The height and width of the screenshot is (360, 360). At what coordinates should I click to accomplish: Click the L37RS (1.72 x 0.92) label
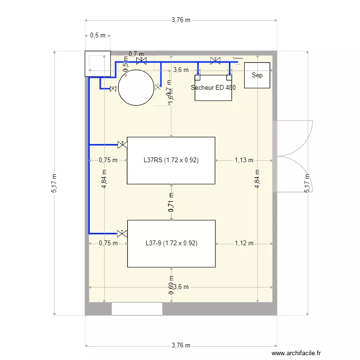(x=171, y=160)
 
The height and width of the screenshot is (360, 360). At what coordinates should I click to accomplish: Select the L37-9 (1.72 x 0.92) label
(x=171, y=243)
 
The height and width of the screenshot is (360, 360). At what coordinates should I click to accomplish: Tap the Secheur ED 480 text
(x=213, y=88)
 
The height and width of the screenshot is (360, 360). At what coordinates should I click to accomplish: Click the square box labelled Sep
(x=257, y=75)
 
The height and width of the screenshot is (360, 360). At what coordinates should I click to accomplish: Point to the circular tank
(x=136, y=87)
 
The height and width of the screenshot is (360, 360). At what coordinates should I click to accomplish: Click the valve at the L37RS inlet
(x=122, y=144)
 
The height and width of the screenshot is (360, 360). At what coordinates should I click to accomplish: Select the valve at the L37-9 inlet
(x=122, y=233)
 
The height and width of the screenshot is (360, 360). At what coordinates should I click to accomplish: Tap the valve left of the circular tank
(x=113, y=89)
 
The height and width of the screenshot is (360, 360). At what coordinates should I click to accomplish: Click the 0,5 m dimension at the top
(x=98, y=36)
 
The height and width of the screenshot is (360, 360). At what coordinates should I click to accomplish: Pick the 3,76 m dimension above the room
(x=181, y=20)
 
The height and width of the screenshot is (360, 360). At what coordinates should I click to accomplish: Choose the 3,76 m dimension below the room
(x=181, y=346)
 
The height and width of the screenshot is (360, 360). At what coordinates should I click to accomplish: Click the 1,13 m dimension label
(x=244, y=160)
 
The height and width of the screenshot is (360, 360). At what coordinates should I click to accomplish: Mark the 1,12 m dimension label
(x=244, y=243)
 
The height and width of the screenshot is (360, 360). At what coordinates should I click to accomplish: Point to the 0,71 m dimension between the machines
(x=171, y=202)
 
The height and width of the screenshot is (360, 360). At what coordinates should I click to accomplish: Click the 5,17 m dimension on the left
(x=54, y=183)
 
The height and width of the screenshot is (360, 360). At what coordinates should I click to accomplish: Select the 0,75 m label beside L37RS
(x=108, y=160)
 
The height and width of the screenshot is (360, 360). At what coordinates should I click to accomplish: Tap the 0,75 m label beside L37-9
(x=108, y=243)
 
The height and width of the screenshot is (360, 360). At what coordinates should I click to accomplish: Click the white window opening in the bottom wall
(x=137, y=309)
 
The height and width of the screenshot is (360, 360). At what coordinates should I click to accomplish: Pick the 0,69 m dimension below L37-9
(x=171, y=285)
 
